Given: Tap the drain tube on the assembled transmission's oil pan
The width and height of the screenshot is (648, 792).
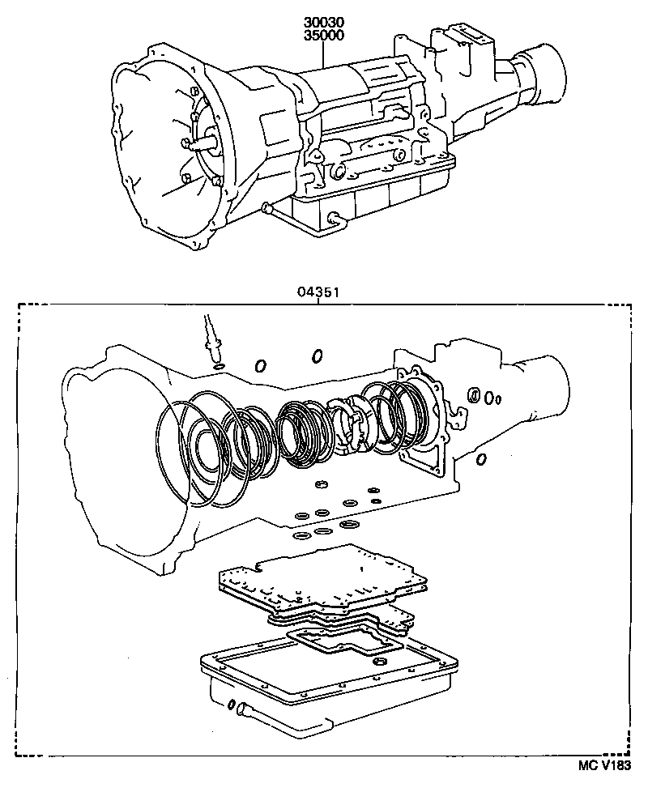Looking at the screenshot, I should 332,217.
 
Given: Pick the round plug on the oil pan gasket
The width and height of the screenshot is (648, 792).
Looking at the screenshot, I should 377,663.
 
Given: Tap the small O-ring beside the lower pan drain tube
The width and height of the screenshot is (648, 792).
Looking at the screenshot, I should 230,703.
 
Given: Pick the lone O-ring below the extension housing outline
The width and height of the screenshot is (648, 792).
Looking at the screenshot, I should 481,460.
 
